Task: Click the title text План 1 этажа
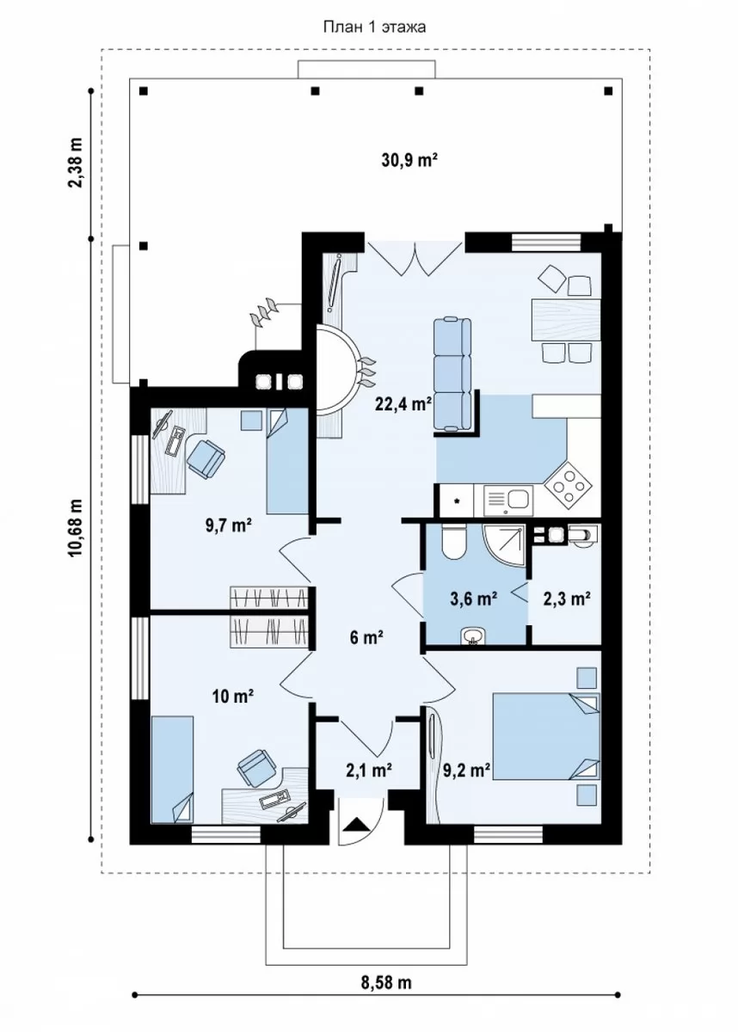pyautogui.click(x=374, y=28)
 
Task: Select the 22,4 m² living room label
pyautogui.click(x=403, y=404)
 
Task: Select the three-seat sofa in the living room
pyautogui.click(x=452, y=374)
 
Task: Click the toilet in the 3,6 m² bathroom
pyautogui.click(x=454, y=542)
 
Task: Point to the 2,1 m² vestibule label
pyautogui.click(x=369, y=770)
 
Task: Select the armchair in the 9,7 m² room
pyautogui.click(x=206, y=458)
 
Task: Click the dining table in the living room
pyautogui.click(x=566, y=319)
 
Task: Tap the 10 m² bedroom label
pyautogui.click(x=234, y=697)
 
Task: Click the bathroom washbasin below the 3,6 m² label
pyautogui.click(x=472, y=638)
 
